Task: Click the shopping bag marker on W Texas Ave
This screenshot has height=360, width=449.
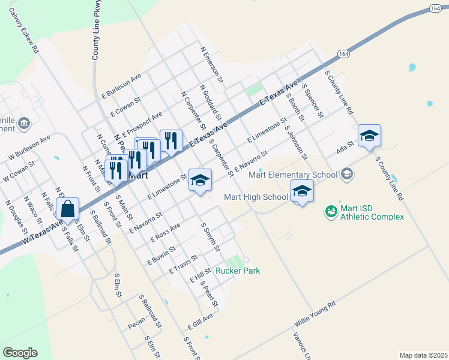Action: (x=69, y=210)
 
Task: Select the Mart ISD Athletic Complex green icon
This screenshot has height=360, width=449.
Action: (x=331, y=211)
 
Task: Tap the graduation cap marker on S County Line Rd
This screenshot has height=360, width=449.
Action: (x=369, y=136)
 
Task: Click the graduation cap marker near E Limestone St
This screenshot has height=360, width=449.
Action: (x=200, y=180)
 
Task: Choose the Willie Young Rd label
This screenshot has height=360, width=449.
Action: (x=314, y=314)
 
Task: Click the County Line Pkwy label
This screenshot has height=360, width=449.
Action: (x=95, y=30)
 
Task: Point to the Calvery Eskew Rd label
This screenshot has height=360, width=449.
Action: (x=23, y=32)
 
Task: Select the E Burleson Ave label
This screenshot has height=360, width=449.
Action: (x=121, y=86)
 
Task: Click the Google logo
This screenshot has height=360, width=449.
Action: (x=20, y=353)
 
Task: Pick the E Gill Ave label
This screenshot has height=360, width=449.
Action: (x=200, y=322)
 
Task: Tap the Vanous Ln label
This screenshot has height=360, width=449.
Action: (x=304, y=342)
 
